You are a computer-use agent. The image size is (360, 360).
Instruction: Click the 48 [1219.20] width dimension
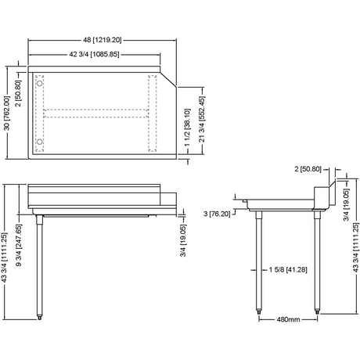point(103,40)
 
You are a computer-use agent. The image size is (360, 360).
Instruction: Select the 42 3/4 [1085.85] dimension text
point(94,55)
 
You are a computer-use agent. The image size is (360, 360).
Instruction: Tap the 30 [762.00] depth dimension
point(7,113)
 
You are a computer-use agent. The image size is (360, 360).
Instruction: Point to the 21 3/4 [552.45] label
point(202,119)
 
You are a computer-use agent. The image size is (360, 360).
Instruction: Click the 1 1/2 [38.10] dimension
point(188,128)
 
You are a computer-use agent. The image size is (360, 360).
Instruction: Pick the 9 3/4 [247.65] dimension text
point(19,245)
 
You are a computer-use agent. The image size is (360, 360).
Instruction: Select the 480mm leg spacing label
point(288,319)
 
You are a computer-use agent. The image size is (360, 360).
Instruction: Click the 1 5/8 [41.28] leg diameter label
point(288,269)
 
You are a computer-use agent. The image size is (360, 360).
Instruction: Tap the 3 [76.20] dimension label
point(217,214)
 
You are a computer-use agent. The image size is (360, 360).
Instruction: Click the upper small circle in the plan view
point(40,84)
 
